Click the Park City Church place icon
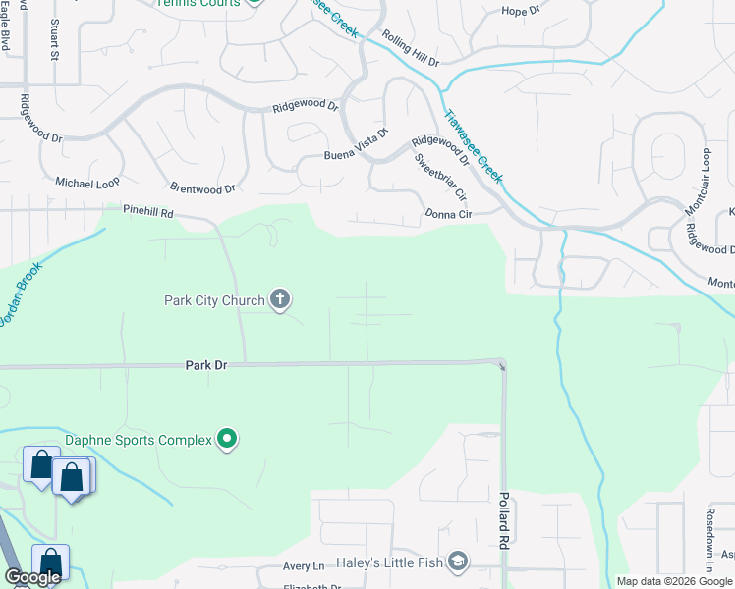(x=280, y=300)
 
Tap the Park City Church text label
(x=214, y=300)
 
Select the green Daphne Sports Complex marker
(x=228, y=439)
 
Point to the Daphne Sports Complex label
(x=139, y=440)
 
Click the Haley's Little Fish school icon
(x=457, y=561)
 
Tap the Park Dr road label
(x=206, y=365)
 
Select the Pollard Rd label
(x=504, y=520)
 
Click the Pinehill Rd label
(x=147, y=211)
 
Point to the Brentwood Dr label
(x=202, y=188)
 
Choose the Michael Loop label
(x=86, y=184)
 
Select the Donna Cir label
(x=449, y=213)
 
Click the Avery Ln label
(x=304, y=566)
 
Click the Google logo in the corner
(x=32, y=577)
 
